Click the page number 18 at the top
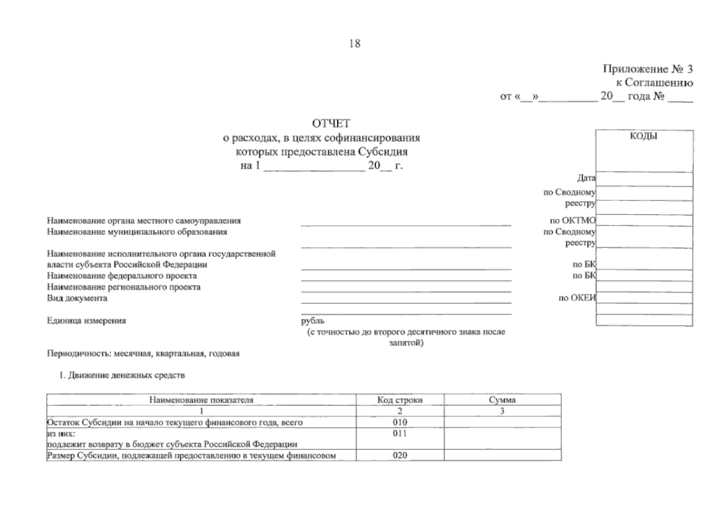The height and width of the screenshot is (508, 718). [355, 44]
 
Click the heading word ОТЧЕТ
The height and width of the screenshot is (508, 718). [331, 124]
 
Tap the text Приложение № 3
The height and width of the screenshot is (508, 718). [647, 69]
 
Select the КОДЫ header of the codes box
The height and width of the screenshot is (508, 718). [644, 136]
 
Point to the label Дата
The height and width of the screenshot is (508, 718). [586, 179]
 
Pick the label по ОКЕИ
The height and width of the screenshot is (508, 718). [577, 298]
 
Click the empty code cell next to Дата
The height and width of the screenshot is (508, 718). [644, 179]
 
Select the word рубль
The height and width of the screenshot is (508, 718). [313, 321]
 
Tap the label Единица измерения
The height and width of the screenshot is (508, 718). [86, 321]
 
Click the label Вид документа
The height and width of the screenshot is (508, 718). [77, 298]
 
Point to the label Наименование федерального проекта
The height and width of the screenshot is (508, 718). [122, 276]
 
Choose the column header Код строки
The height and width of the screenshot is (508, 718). [400, 400]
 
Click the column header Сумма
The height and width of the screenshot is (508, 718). [502, 400]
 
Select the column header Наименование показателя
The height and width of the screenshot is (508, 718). [201, 400]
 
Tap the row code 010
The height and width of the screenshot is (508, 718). [400, 422]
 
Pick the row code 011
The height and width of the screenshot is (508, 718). [400, 433]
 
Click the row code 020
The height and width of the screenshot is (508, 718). [400, 456]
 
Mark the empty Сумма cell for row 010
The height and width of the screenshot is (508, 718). [502, 422]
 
